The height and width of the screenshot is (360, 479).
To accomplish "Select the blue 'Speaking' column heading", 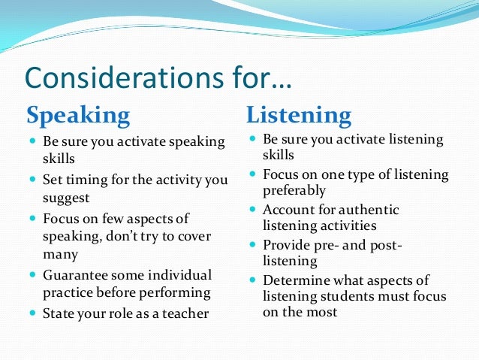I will (x=78, y=116).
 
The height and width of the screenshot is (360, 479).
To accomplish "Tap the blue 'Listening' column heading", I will (x=299, y=116).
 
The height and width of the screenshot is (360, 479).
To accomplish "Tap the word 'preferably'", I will (x=294, y=190).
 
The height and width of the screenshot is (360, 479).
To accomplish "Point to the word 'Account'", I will (x=288, y=210).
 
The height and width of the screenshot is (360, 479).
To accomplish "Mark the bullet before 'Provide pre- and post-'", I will (x=253, y=245).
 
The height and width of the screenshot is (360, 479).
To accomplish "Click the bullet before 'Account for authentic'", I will (x=253, y=210).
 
